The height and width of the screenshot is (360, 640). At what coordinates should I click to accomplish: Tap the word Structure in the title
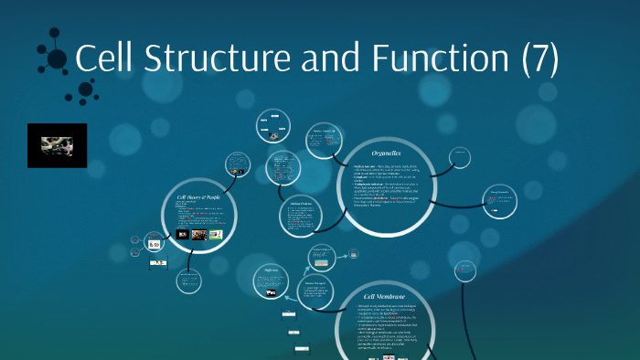pyautogui.click(x=200, y=60)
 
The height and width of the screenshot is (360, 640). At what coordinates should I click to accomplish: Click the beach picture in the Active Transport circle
pyautogui.click(x=321, y=263)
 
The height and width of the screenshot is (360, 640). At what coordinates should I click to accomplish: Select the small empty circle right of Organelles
pyautogui.click(x=460, y=158)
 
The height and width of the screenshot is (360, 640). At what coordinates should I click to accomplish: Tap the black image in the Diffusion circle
pyautogui.click(x=272, y=294)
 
